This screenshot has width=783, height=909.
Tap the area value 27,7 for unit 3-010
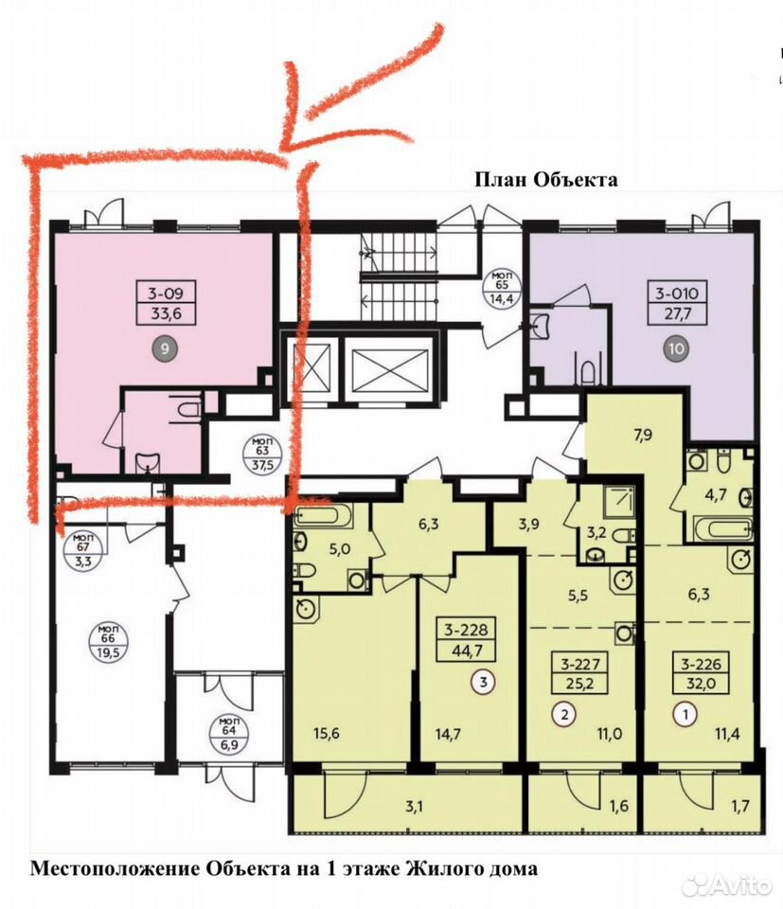coord(677,314)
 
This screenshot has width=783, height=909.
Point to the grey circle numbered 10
coord(676,348)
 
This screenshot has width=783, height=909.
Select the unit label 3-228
coord(467,629)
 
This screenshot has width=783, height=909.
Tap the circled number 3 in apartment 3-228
coord(484,682)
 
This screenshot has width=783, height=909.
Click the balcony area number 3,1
coord(413,806)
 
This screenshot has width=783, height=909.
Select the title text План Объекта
coord(546,179)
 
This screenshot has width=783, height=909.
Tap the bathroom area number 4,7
coord(715,496)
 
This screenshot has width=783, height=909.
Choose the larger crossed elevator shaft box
coord(389,367)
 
